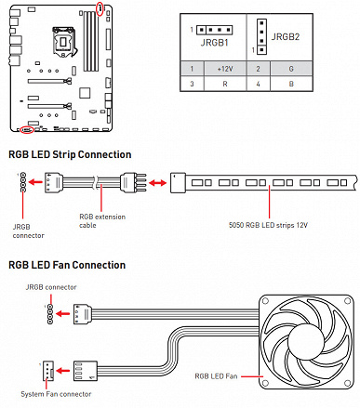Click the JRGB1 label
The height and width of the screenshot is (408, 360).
tap(215, 43)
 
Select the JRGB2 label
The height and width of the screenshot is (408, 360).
tap(286, 37)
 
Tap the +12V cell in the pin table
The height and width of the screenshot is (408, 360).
tap(225, 69)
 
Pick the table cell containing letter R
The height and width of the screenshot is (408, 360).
tap(225, 84)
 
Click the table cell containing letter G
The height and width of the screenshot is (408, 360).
tap(291, 69)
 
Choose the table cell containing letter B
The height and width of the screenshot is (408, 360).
tap(291, 84)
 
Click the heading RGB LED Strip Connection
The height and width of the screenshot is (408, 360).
tap(70, 154)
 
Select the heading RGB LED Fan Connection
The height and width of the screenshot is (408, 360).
tap(67, 265)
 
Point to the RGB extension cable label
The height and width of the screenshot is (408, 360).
tap(102, 221)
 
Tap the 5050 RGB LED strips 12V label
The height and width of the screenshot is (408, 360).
tap(268, 225)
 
